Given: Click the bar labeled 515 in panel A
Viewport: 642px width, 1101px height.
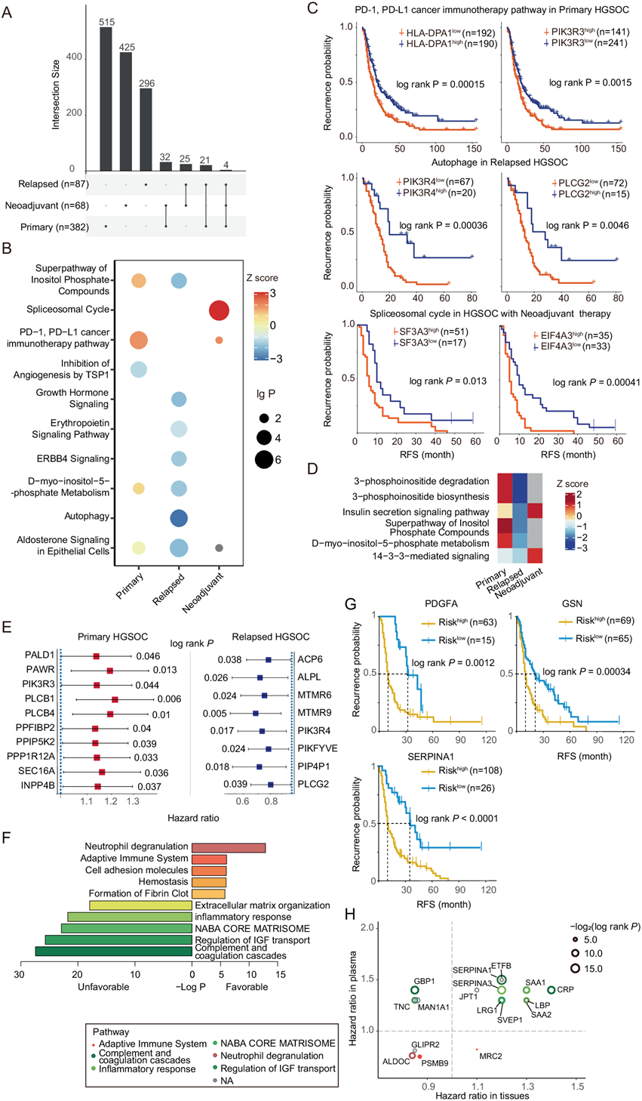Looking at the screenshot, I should [x=106, y=98].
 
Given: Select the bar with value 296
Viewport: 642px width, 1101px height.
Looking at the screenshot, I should [x=146, y=129].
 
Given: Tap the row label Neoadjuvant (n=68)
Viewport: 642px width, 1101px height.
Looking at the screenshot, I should [x=47, y=205].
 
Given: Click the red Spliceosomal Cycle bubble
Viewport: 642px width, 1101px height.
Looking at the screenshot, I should [x=219, y=310].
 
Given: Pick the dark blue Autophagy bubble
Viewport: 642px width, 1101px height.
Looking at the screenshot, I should [x=179, y=518].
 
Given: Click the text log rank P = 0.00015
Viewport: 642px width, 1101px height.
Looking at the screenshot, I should [x=441, y=84].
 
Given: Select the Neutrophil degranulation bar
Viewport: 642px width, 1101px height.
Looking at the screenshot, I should [x=229, y=848].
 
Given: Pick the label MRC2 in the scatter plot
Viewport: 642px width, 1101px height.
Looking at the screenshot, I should [x=491, y=1053].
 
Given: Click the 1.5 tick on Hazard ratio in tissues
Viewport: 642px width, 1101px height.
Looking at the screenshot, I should [x=577, y=1086].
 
